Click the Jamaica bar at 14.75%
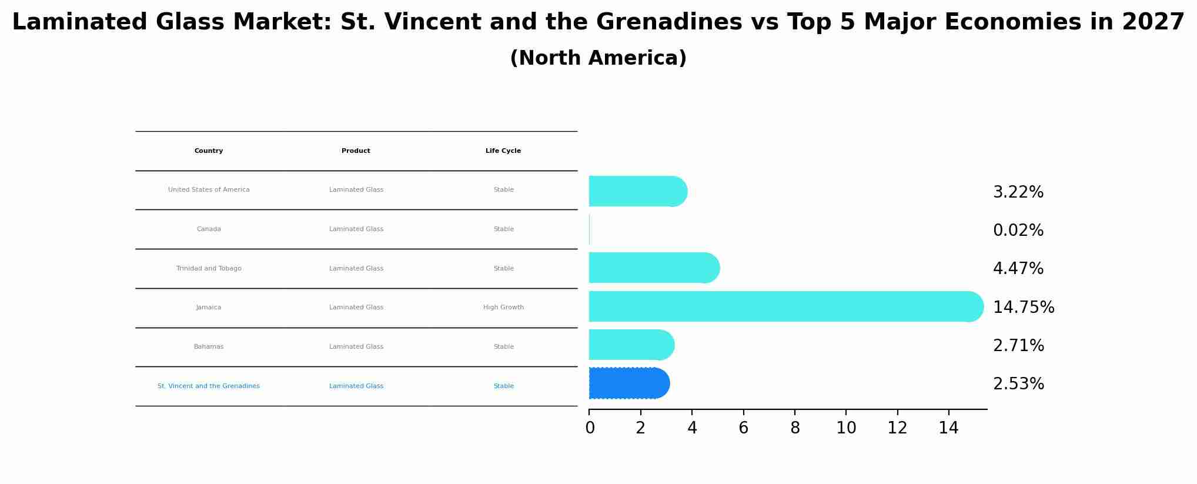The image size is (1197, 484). coord(785,306)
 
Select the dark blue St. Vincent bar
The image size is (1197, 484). coord(628,383)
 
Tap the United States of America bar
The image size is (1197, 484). coord(637,191)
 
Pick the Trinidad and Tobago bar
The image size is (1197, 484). coord(654,268)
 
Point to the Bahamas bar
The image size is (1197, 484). coord(631,345)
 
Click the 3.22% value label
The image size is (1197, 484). coord(1018,192)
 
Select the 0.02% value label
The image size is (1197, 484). coord(1018,231)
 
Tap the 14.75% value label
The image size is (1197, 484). coord(1023,308)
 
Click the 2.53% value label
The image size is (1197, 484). coord(1018,384)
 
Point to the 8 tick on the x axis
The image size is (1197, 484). coord(795,428)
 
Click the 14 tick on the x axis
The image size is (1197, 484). coord(948,428)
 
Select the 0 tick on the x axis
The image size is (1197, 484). coord(590,428)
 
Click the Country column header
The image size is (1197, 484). coord(209,151)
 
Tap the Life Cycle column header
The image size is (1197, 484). coord(503,151)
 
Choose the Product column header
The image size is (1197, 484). coord(356,151)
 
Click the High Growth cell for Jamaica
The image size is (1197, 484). coord(503,308)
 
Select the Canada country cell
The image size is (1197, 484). coord(209,229)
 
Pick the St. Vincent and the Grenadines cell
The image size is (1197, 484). coord(209,386)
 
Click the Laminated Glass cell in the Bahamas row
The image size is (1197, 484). coord(356,347)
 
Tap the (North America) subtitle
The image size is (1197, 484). coord(598,58)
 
